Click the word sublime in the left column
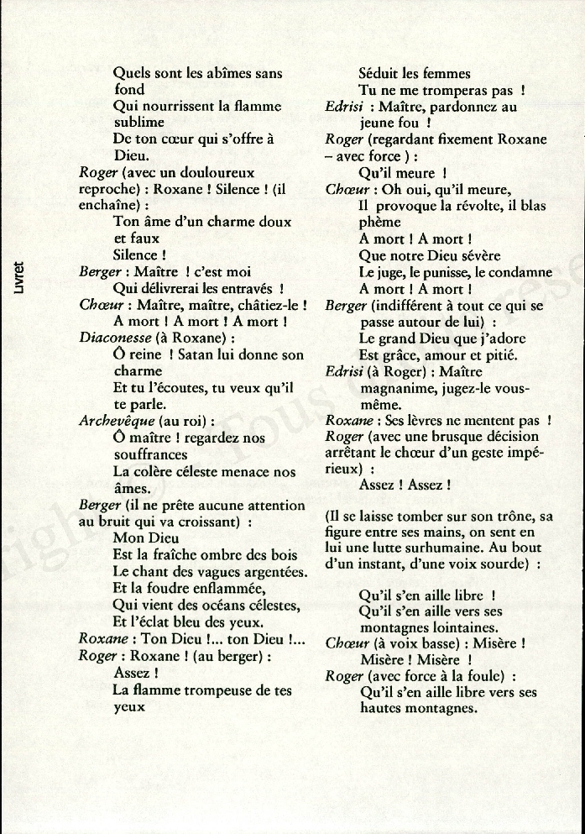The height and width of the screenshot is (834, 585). [x=138, y=123]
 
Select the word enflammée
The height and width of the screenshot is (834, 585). [x=224, y=589]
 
